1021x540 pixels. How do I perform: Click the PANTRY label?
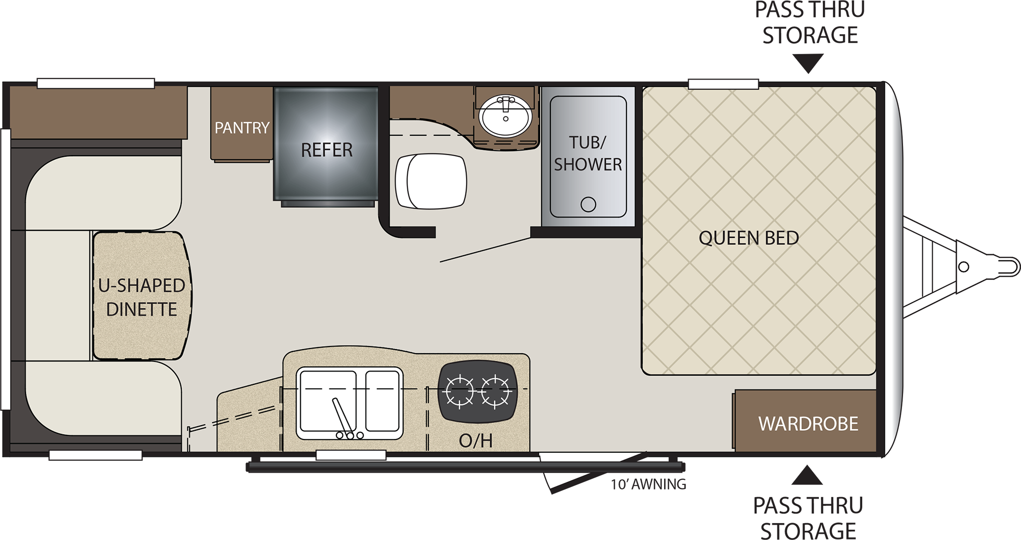point(241,127)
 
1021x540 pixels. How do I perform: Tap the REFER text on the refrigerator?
point(327,150)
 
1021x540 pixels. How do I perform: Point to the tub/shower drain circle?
point(588,205)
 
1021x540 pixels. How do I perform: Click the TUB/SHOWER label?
point(588,153)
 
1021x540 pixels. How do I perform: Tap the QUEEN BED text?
point(748,238)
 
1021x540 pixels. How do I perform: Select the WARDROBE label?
point(808,424)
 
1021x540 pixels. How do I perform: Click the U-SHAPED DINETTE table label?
point(141,297)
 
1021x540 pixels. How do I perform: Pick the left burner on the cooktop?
point(459,392)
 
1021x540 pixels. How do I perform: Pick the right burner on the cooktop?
point(495,392)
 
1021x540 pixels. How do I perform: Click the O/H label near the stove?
point(475,440)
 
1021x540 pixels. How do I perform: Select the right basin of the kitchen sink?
point(382,401)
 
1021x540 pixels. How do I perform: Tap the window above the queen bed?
point(723,84)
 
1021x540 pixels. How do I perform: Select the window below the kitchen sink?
point(351,454)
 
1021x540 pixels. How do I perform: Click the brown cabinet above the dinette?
point(98,112)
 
